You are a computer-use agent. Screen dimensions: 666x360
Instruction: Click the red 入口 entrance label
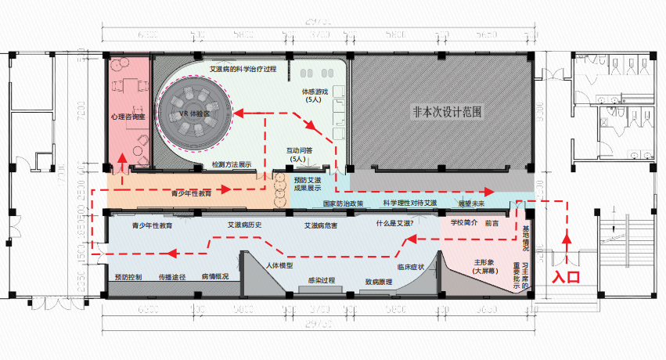click(567, 275)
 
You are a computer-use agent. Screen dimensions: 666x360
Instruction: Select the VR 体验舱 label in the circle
click(193, 114)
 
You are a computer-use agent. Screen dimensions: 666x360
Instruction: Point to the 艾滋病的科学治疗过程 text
click(243, 69)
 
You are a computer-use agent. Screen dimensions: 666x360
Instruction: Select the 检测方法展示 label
click(232, 165)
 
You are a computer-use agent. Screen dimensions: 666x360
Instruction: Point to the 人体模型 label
click(279, 265)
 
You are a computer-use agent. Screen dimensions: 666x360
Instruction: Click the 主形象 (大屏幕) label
click(485, 266)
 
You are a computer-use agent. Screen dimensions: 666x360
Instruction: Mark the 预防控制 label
click(128, 277)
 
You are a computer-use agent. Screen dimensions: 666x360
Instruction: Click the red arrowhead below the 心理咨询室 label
click(123, 161)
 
